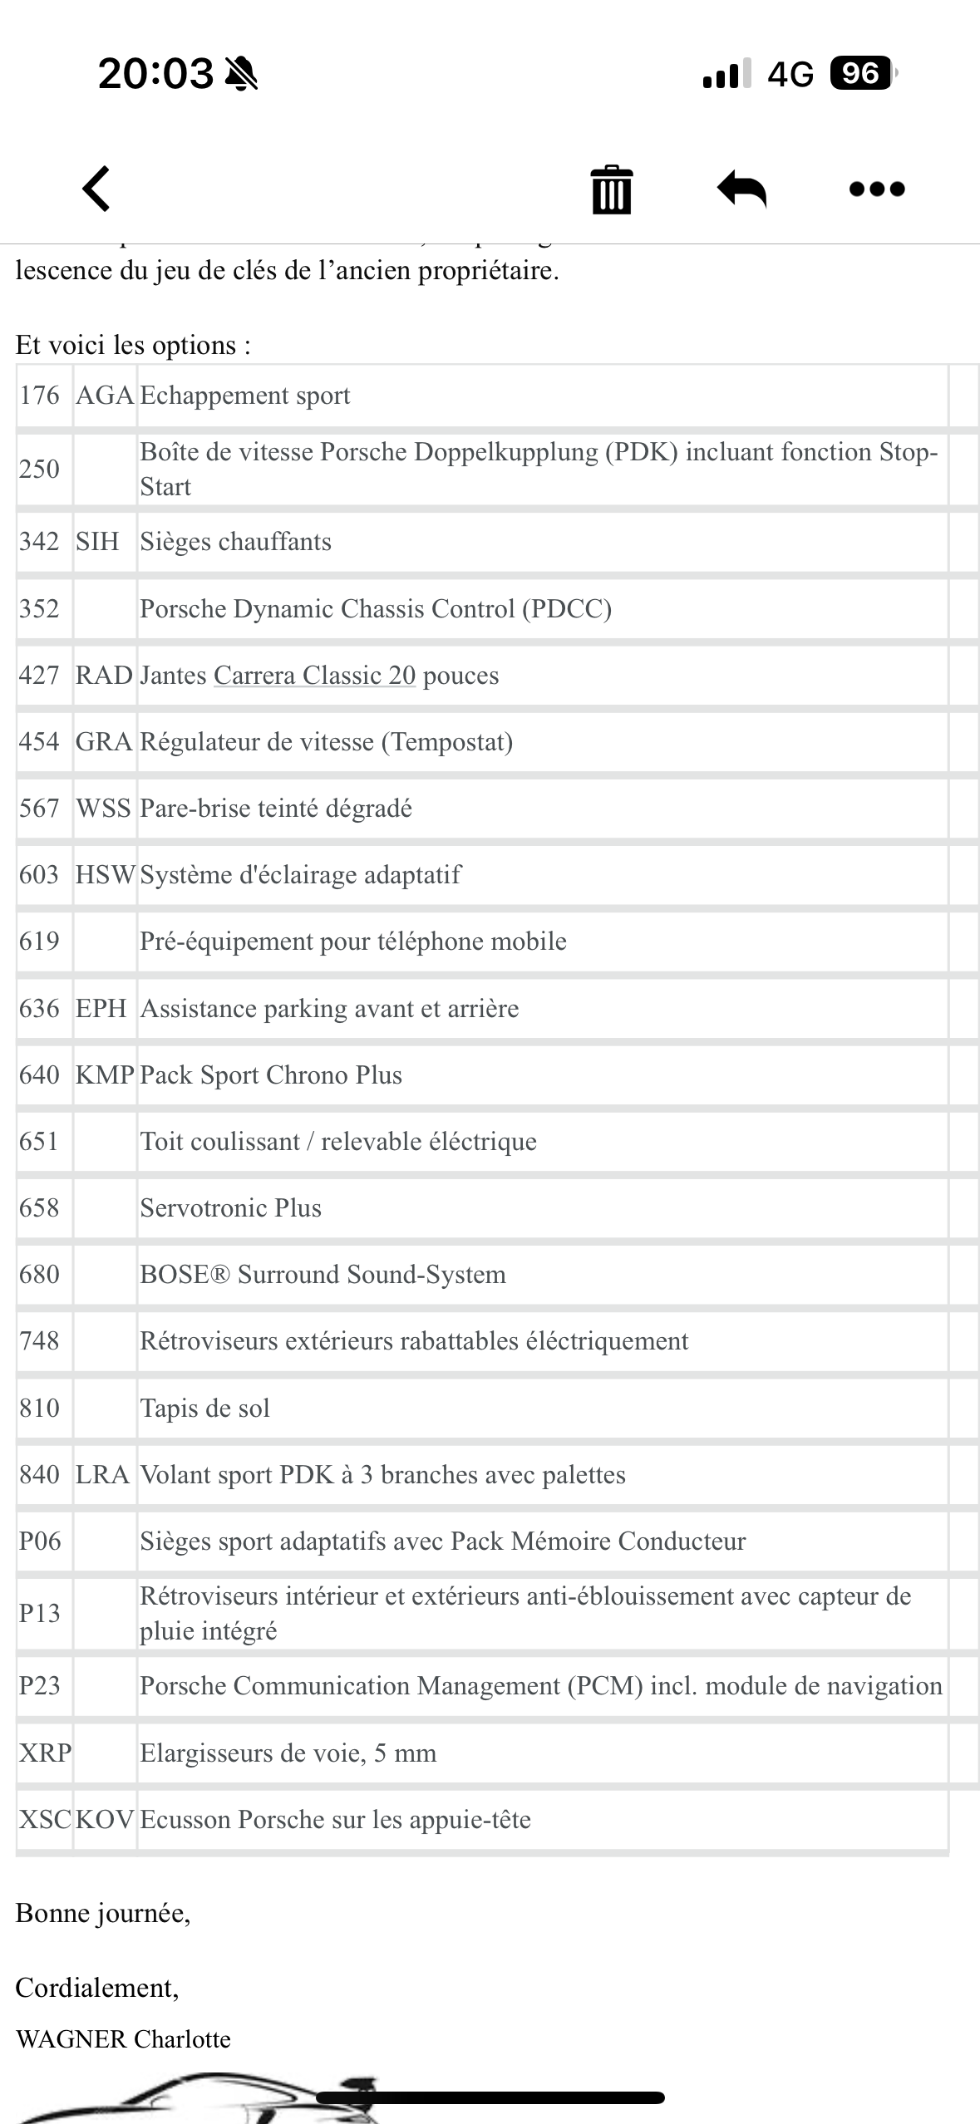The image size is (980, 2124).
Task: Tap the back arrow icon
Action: [96, 189]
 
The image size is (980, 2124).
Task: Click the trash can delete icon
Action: [611, 189]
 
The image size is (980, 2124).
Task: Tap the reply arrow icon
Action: [741, 189]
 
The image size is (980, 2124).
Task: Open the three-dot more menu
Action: [877, 189]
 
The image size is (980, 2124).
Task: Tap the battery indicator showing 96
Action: [862, 74]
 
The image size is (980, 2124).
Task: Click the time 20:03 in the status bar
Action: [155, 74]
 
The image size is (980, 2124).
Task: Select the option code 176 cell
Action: [40, 396]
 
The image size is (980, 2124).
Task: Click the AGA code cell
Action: [105, 396]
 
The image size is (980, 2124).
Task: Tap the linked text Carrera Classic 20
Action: [314, 676]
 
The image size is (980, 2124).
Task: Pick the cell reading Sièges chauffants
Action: [235, 542]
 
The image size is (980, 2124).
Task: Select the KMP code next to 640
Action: [105, 1075]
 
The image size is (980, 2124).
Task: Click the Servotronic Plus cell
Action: [230, 1208]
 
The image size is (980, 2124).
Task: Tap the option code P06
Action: [40, 1541]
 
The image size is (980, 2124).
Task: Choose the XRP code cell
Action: [45, 1753]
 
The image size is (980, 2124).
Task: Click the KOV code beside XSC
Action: [105, 1820]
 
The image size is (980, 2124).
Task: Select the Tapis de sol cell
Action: [204, 1409]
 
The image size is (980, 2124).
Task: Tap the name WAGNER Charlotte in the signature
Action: [123, 2039]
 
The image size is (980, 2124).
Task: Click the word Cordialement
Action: [96, 1988]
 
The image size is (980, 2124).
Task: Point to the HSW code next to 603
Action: [105, 875]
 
